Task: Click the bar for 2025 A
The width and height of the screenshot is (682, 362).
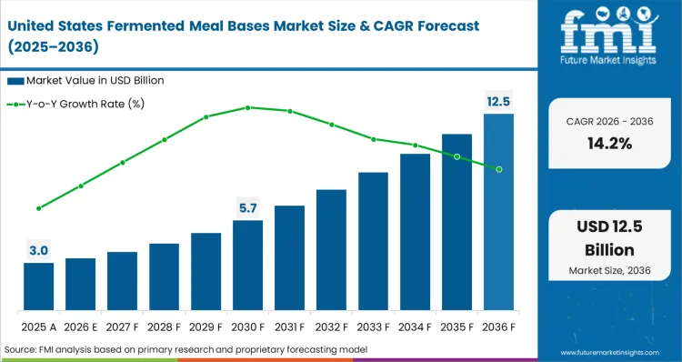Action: (38, 286)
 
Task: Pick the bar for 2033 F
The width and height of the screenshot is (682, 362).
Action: (373, 240)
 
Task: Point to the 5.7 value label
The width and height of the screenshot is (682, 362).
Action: (247, 208)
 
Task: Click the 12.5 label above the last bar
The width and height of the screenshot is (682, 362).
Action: (498, 101)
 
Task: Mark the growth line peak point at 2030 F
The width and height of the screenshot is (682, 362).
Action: (247, 107)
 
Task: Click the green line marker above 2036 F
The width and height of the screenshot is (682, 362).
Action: (498, 169)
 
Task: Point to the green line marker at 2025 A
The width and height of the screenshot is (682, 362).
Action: (38, 208)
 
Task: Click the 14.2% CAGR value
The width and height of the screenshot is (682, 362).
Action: (609, 143)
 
